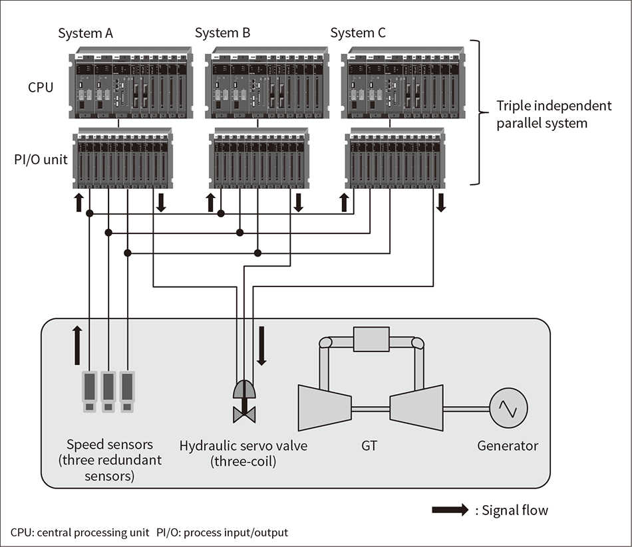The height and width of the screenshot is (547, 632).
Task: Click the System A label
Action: (84, 33)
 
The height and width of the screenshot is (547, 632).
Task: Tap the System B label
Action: (222, 33)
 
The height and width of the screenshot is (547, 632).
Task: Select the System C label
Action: (358, 33)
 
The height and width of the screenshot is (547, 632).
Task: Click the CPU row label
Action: (41, 87)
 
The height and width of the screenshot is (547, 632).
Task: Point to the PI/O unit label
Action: (42, 160)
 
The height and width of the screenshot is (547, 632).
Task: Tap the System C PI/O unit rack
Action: (395, 160)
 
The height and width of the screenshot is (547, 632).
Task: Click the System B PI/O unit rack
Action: (259, 160)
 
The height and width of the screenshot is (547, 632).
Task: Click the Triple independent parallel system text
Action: (553, 114)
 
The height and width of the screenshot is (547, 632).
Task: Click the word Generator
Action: (508, 446)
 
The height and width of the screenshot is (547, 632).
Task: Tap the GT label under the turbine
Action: (369, 446)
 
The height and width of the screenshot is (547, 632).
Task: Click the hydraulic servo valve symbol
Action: (243, 401)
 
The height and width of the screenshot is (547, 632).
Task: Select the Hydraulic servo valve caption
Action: (243, 453)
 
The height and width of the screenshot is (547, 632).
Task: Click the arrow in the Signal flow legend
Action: (450, 510)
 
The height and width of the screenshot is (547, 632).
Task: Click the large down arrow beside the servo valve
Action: (261, 346)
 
